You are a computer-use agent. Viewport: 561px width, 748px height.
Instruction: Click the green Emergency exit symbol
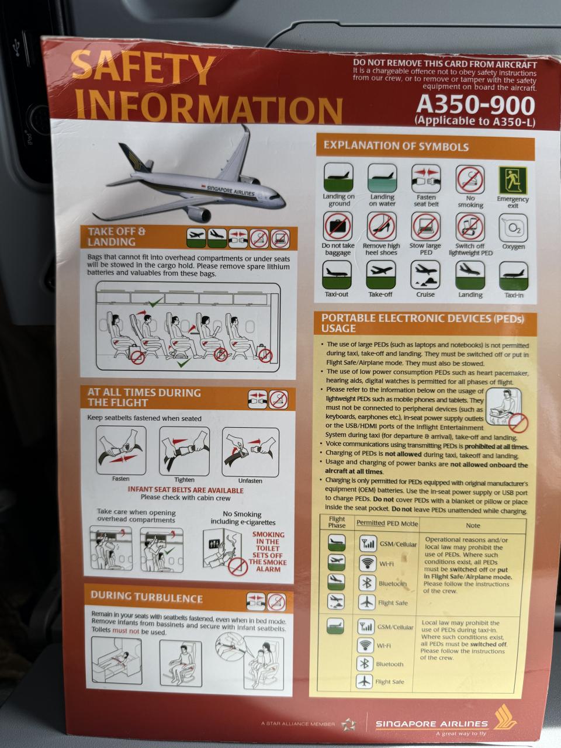(x=512, y=180)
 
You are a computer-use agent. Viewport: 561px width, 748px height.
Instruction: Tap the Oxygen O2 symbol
(x=513, y=228)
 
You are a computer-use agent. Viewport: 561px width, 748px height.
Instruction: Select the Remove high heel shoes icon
(x=382, y=226)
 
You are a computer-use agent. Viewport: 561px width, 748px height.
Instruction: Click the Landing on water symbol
(x=382, y=178)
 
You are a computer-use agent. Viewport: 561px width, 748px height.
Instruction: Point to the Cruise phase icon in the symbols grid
(x=425, y=275)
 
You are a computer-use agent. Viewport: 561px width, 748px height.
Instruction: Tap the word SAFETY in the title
(x=143, y=67)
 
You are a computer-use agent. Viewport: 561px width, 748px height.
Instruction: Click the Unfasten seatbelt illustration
(x=250, y=452)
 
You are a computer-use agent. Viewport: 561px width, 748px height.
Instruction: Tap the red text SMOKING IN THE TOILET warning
(x=268, y=552)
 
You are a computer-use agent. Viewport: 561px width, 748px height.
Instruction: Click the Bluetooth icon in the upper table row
(x=367, y=583)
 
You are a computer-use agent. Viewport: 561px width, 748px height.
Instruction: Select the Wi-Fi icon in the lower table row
(x=365, y=645)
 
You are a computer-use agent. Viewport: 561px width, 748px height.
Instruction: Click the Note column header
(x=473, y=525)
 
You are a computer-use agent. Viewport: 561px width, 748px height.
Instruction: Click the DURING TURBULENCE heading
(x=147, y=597)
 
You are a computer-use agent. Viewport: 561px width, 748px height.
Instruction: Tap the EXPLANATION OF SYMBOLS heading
(x=396, y=146)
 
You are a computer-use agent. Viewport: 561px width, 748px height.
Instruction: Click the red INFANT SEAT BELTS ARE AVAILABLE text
(x=186, y=490)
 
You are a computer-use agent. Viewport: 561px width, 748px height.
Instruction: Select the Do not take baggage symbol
(x=338, y=226)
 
